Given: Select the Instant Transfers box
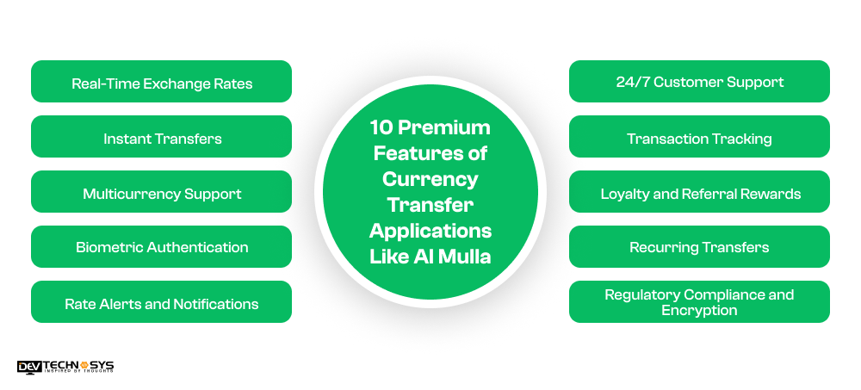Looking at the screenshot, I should [x=161, y=137].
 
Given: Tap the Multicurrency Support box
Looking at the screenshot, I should [x=161, y=192].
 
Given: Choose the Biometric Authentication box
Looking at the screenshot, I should [x=161, y=247].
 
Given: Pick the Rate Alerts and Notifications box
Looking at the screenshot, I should [x=161, y=302].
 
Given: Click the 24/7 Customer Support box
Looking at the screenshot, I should [x=699, y=82].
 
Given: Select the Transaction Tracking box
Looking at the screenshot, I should [x=699, y=137].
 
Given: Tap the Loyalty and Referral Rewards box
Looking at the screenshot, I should [x=699, y=192].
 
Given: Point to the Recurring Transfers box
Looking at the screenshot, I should [x=699, y=247].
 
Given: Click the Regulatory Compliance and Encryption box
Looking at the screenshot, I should [x=699, y=302].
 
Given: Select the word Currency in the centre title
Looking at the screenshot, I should [x=430, y=180].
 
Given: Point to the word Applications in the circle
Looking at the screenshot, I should [x=430, y=231].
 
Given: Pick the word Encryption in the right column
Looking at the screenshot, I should [x=699, y=310].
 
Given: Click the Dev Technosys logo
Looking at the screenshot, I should [x=65, y=366].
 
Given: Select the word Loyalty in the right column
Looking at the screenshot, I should [x=626, y=193].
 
